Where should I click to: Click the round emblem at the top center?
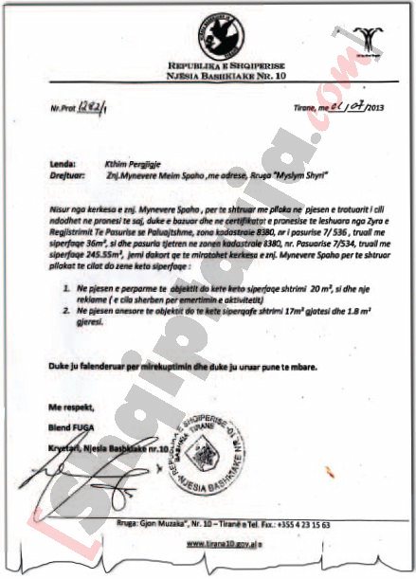point(208,36)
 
